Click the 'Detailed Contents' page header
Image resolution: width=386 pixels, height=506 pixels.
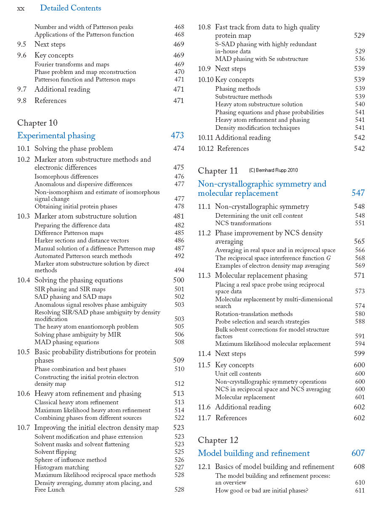70,8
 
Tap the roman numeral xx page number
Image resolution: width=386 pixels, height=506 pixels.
21,8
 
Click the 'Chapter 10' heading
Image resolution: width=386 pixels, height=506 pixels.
37,123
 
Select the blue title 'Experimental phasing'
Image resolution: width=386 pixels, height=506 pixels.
56,135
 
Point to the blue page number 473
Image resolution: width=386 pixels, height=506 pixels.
177,135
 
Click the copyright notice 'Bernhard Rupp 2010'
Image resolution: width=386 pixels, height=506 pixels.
273,170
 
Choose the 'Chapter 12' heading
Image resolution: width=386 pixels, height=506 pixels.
218,440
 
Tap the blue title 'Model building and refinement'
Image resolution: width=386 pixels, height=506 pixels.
253,453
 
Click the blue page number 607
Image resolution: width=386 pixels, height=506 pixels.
358,453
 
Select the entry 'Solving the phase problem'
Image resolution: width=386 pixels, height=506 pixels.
74,148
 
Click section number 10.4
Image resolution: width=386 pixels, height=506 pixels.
24,280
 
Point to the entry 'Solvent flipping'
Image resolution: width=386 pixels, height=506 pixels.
55,452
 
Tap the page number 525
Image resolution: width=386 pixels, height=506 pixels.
179,452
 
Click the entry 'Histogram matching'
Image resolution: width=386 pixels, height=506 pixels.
61,467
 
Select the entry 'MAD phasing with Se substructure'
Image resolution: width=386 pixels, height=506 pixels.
261,59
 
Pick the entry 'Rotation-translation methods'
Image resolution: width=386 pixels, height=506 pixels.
254,314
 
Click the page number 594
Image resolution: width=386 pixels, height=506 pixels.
360,344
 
